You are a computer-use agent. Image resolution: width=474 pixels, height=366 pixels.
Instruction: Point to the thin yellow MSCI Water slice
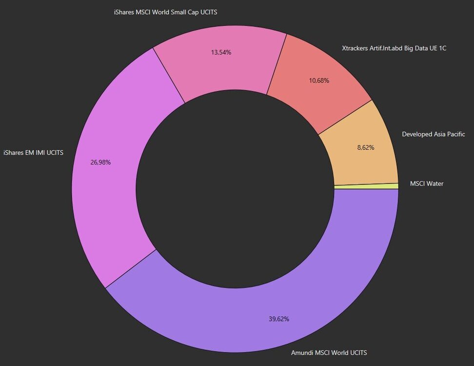(x=366, y=186)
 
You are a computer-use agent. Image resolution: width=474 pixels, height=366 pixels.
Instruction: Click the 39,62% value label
(x=279, y=319)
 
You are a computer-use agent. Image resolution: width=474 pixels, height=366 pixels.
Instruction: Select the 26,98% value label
(x=100, y=162)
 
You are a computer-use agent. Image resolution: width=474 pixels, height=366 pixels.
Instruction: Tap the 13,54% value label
(x=221, y=52)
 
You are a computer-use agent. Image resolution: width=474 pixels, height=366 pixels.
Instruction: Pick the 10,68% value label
(x=319, y=80)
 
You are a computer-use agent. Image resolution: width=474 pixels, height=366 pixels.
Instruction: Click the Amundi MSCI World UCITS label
(x=329, y=352)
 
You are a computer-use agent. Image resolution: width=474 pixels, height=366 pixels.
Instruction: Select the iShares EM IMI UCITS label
(x=33, y=153)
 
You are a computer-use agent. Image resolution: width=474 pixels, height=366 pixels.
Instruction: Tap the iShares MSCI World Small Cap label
(x=165, y=12)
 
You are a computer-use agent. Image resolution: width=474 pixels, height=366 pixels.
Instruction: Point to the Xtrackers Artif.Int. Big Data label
(x=394, y=48)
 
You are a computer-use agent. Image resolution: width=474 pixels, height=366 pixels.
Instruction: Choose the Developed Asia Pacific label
(x=433, y=134)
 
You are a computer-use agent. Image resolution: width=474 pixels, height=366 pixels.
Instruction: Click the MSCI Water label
(x=427, y=183)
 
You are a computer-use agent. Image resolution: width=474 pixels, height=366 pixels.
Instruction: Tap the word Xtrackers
(x=357, y=48)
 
